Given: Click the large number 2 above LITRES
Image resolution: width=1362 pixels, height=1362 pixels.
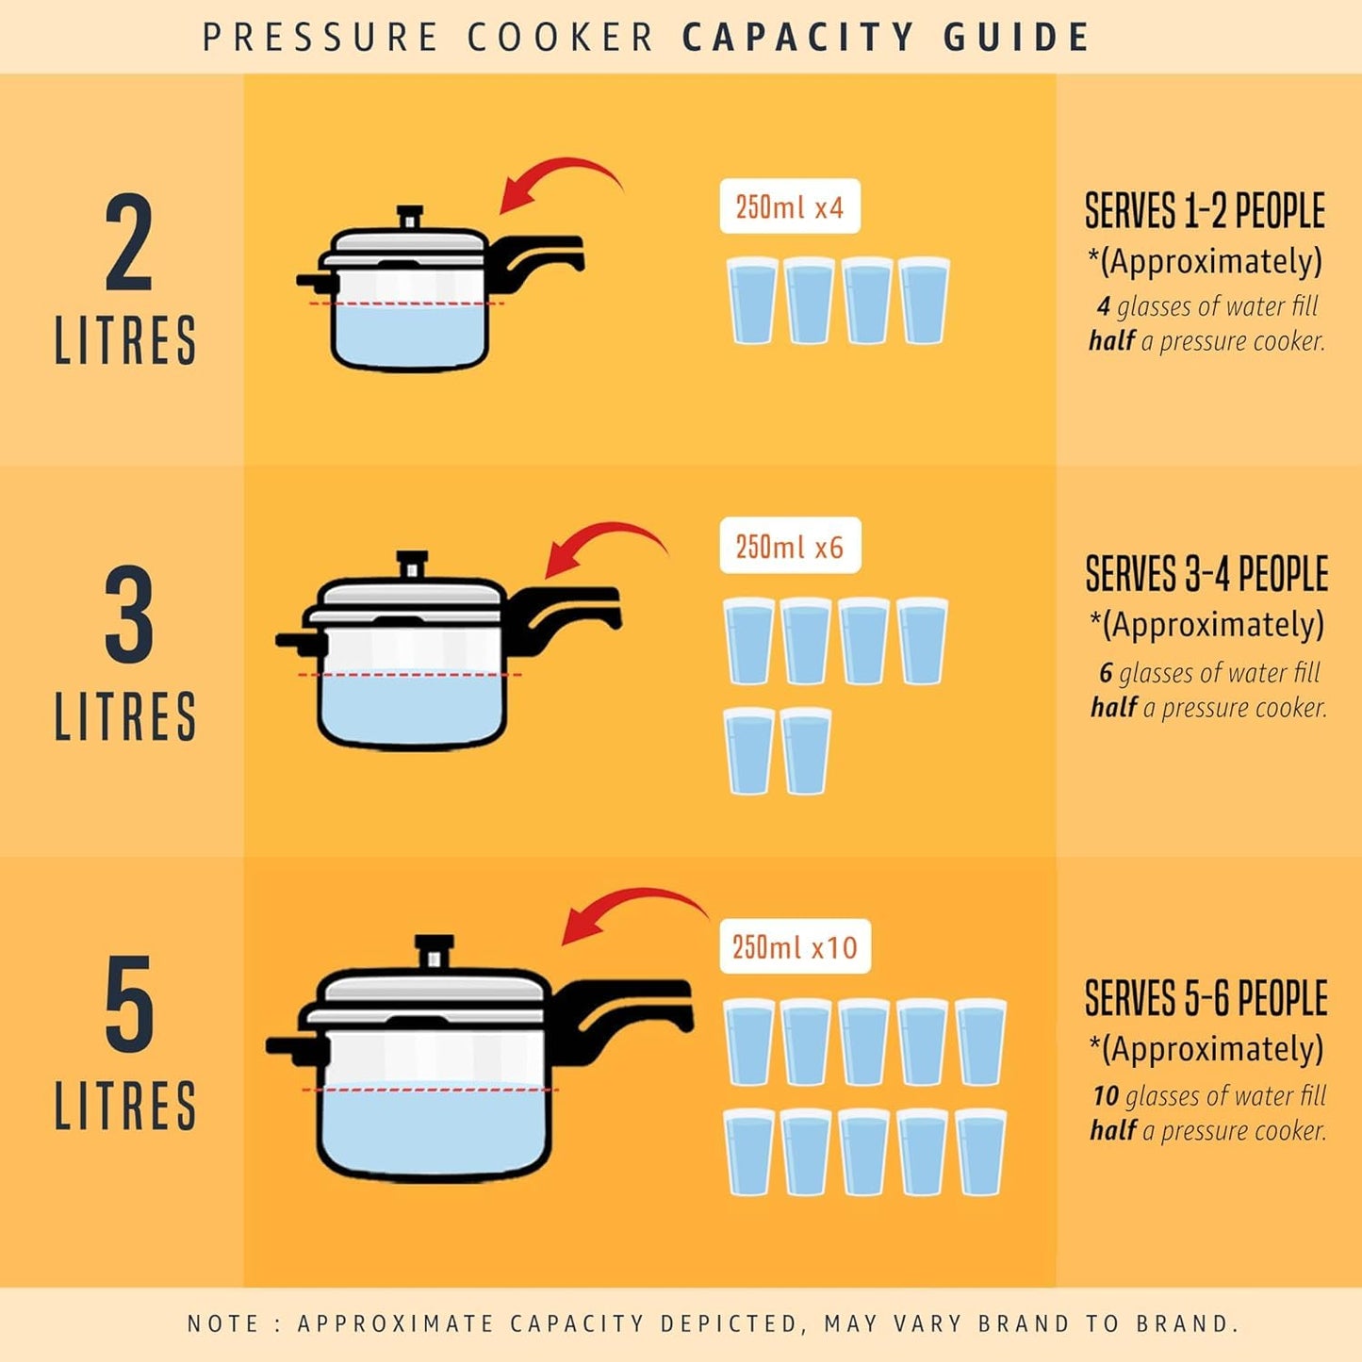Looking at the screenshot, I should (x=128, y=243).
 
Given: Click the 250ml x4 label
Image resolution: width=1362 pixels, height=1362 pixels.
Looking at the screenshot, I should (x=789, y=206).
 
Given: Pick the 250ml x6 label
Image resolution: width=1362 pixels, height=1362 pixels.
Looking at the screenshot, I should (x=790, y=546).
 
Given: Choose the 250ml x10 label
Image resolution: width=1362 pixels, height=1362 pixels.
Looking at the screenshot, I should (x=795, y=946).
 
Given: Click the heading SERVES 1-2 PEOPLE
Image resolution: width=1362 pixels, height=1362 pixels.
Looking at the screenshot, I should (x=1205, y=211).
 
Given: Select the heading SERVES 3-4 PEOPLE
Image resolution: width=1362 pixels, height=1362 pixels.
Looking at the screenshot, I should (x=1206, y=574).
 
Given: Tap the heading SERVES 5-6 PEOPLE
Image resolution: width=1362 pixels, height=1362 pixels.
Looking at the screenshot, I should (x=1206, y=999).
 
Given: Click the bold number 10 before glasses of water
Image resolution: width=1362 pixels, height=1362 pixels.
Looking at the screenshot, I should (x=1105, y=1095).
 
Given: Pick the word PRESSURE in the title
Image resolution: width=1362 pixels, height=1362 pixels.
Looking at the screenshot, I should (x=320, y=38).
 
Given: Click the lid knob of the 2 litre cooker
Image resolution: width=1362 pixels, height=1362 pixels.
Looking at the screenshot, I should (x=409, y=217).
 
